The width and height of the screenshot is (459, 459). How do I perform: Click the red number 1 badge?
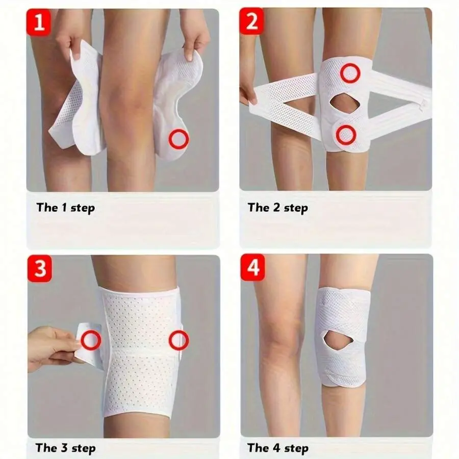point(38,22)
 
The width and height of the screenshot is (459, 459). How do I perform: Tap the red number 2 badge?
point(252,21)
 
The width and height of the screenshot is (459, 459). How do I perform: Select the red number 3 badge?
point(39,268)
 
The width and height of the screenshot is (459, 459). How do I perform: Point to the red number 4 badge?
point(253,267)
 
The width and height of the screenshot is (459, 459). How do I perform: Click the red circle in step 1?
point(178,139)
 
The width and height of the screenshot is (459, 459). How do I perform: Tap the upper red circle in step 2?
point(350,73)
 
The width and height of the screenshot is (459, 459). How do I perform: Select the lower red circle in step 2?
point(346,135)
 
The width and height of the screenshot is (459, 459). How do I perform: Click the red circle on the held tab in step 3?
point(91,340)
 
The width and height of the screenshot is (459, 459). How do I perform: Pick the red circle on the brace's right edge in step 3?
point(179,340)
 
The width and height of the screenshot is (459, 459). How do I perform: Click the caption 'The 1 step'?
point(66,208)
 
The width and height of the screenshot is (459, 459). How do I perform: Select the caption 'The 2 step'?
point(278,208)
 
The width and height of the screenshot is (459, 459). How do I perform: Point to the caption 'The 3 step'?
point(66,448)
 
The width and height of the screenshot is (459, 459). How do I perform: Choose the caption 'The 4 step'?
point(278,448)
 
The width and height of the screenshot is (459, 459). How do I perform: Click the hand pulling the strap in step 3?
point(53,348)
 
